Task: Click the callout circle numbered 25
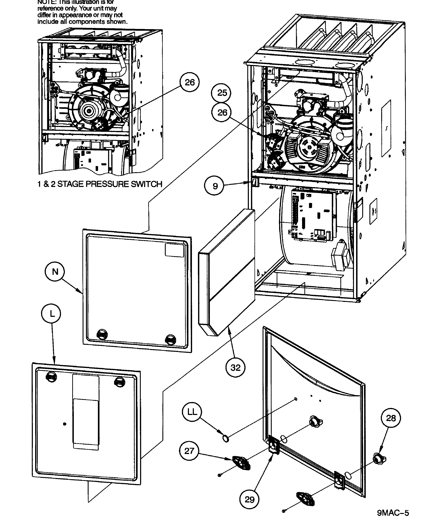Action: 221,93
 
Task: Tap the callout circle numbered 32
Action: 235,368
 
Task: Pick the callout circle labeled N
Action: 55,272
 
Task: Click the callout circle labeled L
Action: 51,314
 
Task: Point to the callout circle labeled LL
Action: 192,412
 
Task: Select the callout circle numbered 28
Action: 391,418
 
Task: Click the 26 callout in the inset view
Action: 189,82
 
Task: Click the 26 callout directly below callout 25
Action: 221,113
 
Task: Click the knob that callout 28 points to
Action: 379,458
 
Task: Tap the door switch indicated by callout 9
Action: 255,183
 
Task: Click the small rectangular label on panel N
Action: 175,250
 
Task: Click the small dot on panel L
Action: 65,424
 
